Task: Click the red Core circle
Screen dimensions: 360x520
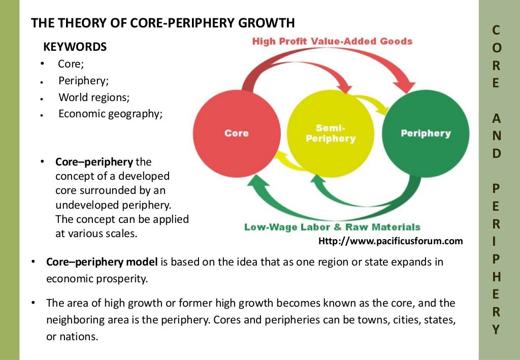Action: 237,134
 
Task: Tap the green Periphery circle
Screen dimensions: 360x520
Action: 426,134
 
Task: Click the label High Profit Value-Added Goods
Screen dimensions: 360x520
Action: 332,41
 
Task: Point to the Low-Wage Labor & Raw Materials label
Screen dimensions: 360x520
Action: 332,227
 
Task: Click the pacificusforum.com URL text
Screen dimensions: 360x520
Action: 391,241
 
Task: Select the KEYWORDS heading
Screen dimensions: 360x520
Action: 75,47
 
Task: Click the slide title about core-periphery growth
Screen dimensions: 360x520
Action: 163,23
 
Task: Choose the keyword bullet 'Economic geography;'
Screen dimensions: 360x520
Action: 110,114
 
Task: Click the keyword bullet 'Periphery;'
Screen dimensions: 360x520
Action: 83,80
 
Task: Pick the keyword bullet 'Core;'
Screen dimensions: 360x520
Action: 71,64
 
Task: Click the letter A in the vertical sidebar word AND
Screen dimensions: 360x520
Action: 496,118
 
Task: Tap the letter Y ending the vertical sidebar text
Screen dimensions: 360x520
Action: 496,329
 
